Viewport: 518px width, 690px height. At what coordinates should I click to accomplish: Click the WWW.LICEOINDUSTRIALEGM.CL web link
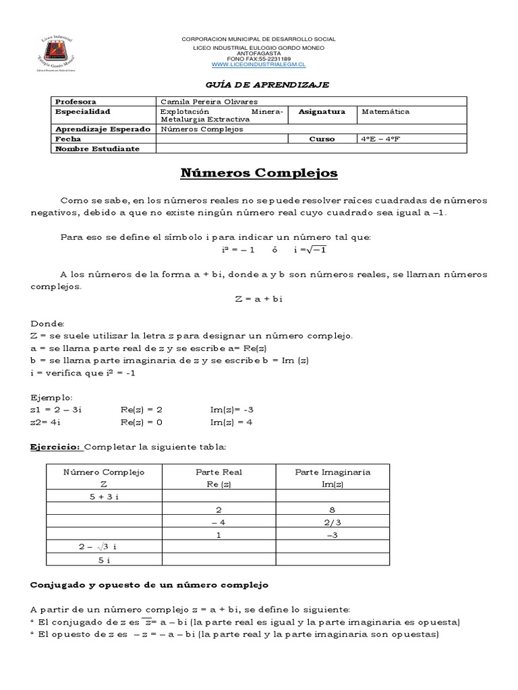click(x=258, y=65)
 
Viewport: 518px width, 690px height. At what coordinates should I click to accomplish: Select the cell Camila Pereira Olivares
click(x=200, y=101)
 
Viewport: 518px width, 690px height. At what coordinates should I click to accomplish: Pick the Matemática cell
click(x=385, y=111)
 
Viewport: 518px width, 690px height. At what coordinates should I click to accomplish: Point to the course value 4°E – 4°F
click(x=383, y=139)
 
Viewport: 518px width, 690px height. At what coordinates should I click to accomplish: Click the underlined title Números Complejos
click(x=259, y=174)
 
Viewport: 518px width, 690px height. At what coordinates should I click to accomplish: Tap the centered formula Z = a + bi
click(x=258, y=299)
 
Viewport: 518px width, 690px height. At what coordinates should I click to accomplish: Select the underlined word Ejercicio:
click(x=55, y=447)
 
